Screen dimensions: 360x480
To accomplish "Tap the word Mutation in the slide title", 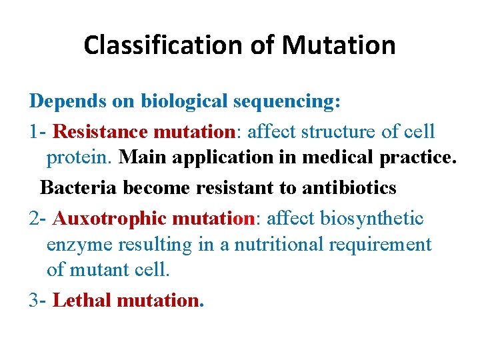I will [x=339, y=45].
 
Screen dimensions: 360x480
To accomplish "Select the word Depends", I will [x=63, y=101].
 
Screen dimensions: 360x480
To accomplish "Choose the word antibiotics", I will [x=349, y=188].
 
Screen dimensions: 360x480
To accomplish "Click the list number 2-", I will [x=38, y=218].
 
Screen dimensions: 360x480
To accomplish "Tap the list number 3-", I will [x=38, y=301].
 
